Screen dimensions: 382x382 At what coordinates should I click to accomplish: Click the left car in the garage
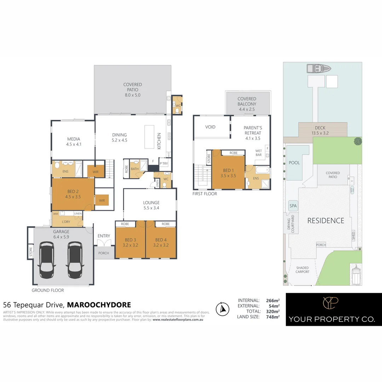coord(47,260)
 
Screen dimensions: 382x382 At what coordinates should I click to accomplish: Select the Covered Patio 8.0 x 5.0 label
coord(133,90)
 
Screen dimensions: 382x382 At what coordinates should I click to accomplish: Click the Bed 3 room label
coord(130,242)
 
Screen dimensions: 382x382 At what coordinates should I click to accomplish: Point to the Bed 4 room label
coord(161,242)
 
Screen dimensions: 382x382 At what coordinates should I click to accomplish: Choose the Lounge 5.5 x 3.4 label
coord(151,205)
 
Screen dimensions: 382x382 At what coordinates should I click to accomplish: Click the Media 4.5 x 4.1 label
coord(74,141)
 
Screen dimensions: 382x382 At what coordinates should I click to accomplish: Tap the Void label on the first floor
coord(210,127)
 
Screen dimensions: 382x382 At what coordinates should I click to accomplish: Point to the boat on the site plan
coord(318,68)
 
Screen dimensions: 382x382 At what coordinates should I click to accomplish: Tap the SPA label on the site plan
coord(293,206)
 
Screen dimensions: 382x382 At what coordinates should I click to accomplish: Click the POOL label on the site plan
coord(294,163)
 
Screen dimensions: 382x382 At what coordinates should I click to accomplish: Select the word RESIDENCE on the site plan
coord(325,221)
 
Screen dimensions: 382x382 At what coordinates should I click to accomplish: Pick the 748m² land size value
coord(273,317)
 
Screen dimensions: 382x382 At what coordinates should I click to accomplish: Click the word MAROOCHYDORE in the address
coord(99,305)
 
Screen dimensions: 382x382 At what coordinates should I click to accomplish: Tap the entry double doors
coord(104,243)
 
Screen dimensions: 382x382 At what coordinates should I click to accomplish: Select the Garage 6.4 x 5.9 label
coord(61,234)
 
